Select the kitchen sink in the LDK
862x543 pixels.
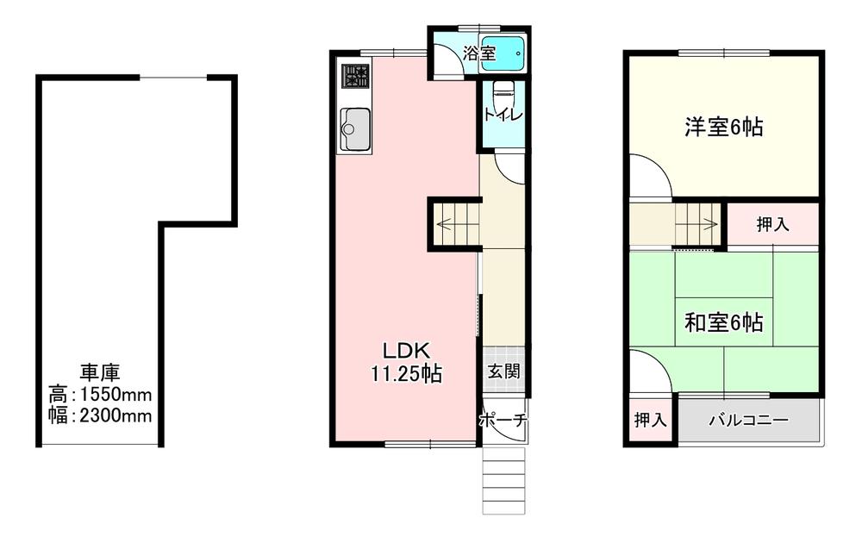(x=354, y=128)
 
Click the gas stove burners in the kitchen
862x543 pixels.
(x=356, y=76)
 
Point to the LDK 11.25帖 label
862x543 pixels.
(x=406, y=362)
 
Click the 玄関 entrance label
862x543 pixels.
(x=503, y=372)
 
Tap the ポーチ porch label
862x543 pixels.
(x=503, y=421)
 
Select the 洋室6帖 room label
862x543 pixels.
(x=723, y=127)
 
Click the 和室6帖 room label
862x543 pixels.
(x=723, y=322)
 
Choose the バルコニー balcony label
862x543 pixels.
(x=749, y=421)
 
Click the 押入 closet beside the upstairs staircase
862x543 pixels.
(x=773, y=224)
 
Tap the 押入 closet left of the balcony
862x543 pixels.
(x=650, y=421)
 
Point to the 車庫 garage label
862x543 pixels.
(x=100, y=372)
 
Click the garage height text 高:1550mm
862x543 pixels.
(x=100, y=395)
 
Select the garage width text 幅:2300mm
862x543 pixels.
(x=100, y=416)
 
